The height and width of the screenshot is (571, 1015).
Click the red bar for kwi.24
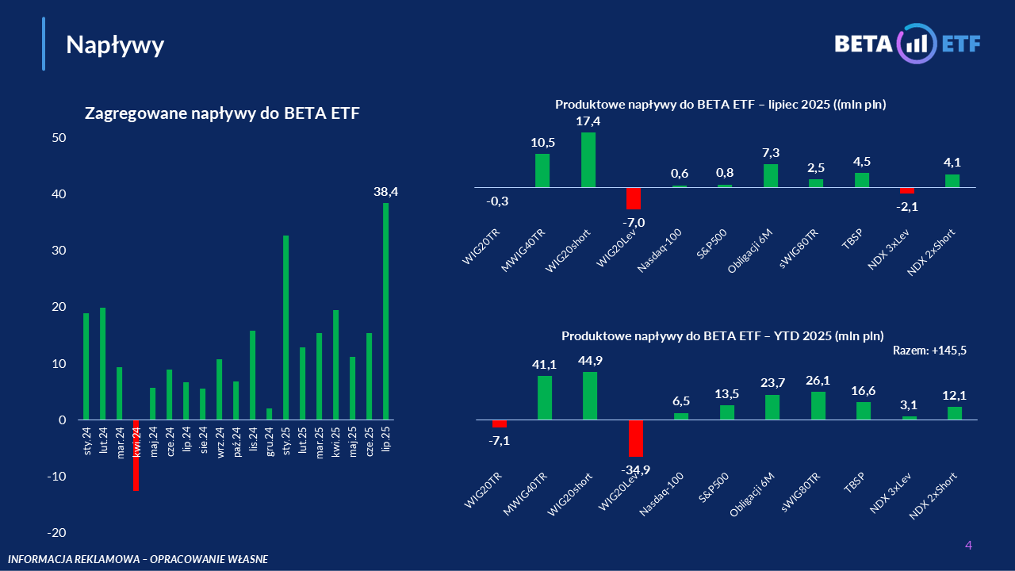pyautogui.click(x=136, y=455)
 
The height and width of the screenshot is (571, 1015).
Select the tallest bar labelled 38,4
pyautogui.click(x=386, y=311)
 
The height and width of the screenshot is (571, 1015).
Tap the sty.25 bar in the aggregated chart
pyautogui.click(x=286, y=328)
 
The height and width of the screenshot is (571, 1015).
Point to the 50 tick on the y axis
pyautogui.click(x=59, y=138)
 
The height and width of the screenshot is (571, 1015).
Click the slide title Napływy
pyautogui.click(x=115, y=45)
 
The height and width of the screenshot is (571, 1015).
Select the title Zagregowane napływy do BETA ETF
pyautogui.click(x=222, y=113)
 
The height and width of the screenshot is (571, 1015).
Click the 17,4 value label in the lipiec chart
pyautogui.click(x=588, y=121)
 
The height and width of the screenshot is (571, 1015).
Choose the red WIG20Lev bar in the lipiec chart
pyautogui.click(x=633, y=198)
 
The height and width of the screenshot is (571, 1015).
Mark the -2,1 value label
pyautogui.click(x=907, y=206)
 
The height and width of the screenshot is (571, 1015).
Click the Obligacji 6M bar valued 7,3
pyautogui.click(x=771, y=175)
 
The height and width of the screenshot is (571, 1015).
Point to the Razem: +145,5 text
pyautogui.click(x=929, y=350)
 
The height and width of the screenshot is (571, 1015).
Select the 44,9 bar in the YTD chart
pyautogui.click(x=590, y=395)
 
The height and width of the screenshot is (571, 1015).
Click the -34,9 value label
pyautogui.click(x=636, y=470)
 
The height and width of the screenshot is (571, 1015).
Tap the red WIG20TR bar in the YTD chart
pyautogui.click(x=499, y=423)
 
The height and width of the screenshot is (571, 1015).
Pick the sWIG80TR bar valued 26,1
pyautogui.click(x=818, y=405)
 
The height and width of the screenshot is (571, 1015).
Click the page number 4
pyautogui.click(x=968, y=545)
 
